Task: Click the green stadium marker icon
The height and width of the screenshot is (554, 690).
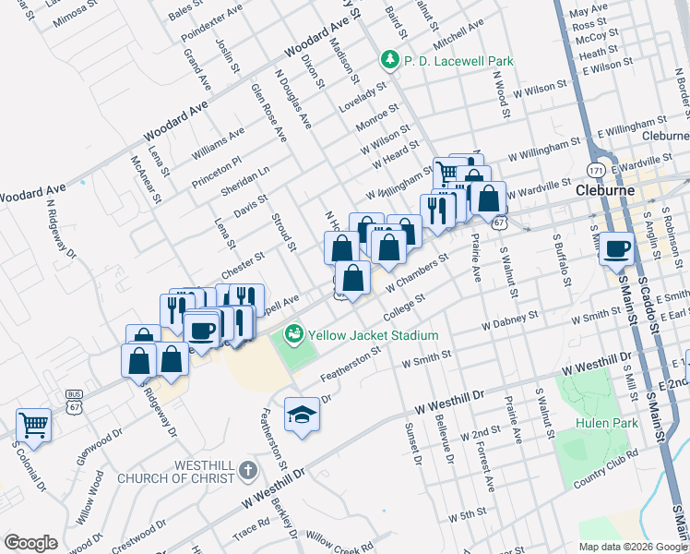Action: coord(294,332)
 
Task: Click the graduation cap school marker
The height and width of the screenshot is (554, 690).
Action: coord(302,414)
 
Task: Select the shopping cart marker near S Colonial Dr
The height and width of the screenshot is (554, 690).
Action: coord(33,424)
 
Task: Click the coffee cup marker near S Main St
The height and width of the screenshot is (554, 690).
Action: coord(616,247)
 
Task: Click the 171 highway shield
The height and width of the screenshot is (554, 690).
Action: coord(595,171)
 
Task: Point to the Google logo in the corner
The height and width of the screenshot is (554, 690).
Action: coord(30,543)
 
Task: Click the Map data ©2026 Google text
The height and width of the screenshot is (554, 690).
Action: coord(634,547)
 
